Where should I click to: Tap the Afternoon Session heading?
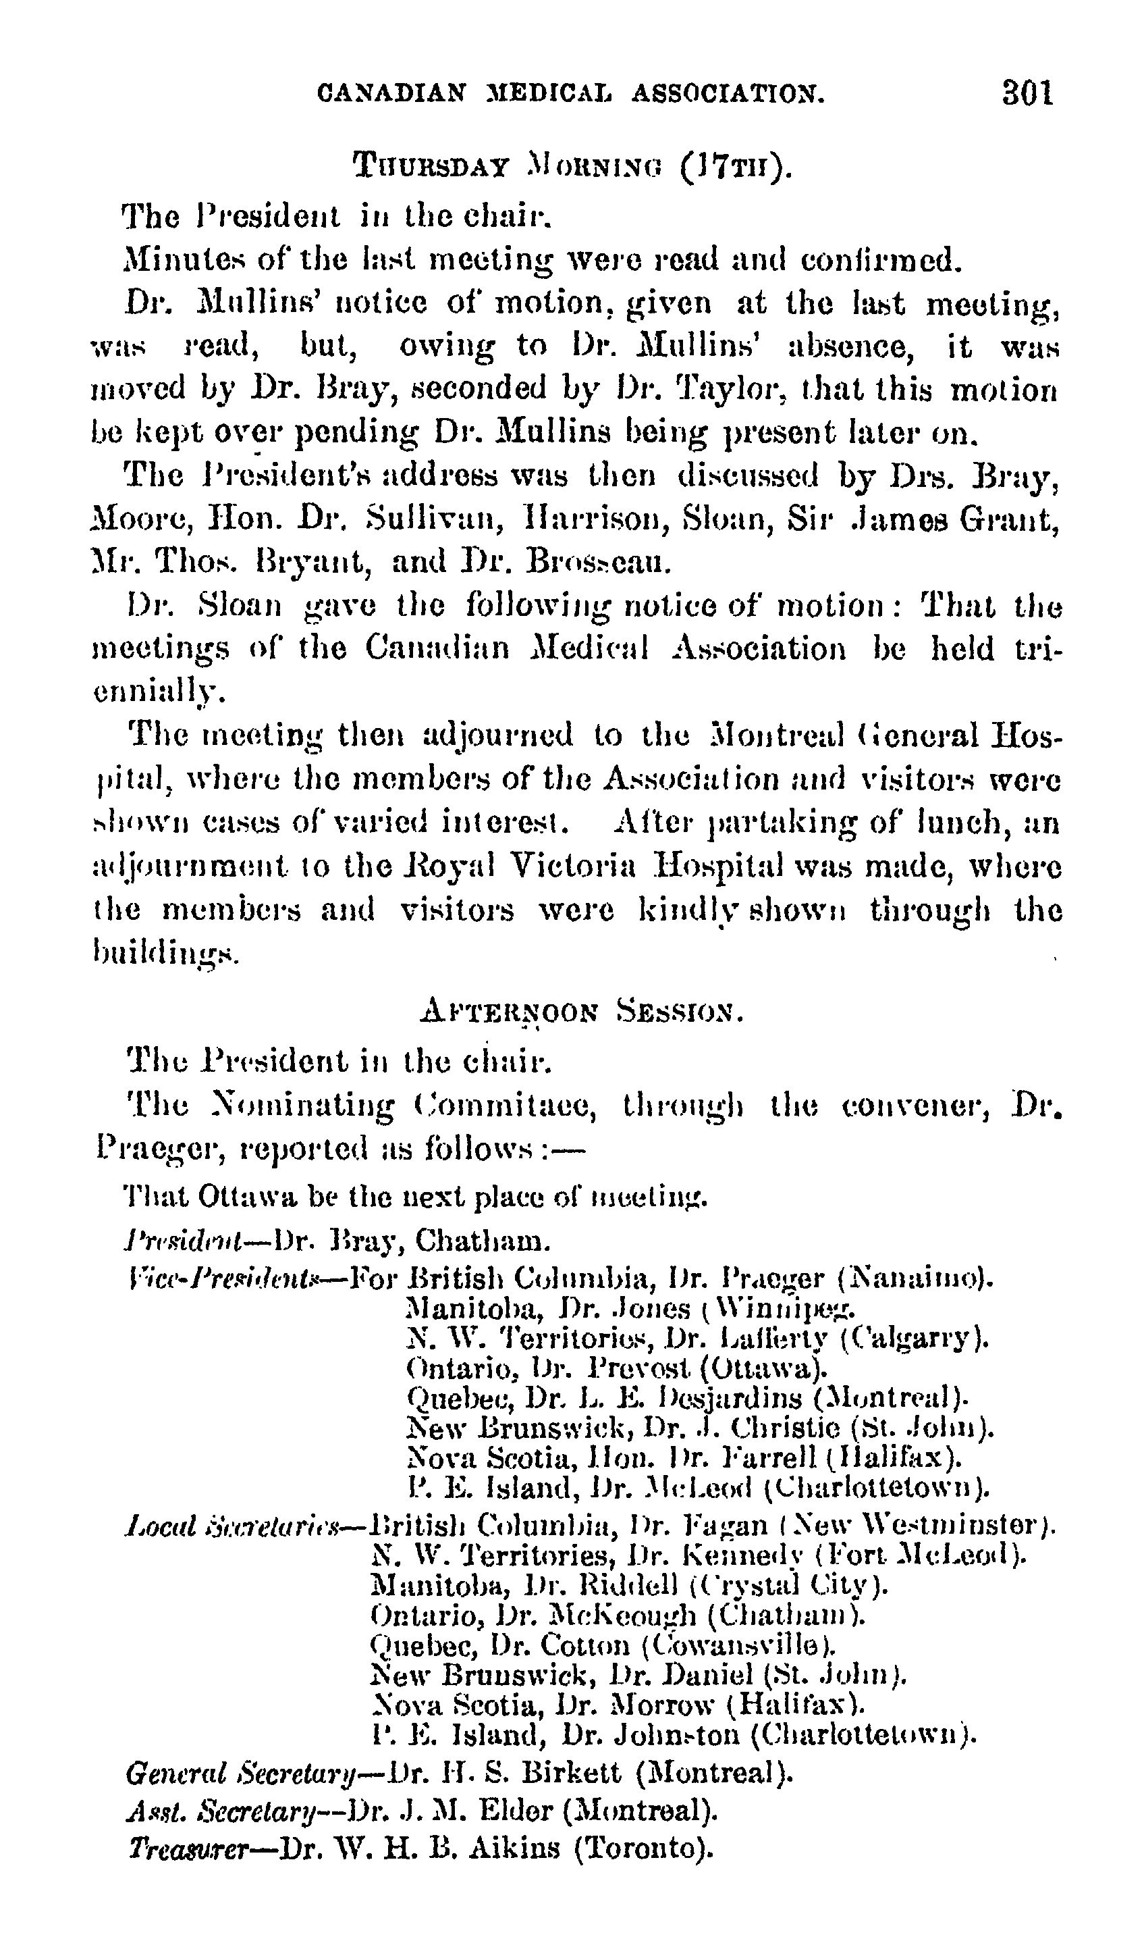582,1010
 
